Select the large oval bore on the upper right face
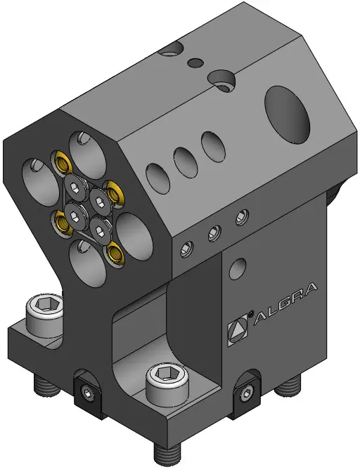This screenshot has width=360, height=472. [x=287, y=114]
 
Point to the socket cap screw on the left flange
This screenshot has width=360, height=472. [x=45, y=315]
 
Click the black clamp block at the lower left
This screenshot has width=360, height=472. [x=89, y=390]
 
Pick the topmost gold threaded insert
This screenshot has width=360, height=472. [x=63, y=162]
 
